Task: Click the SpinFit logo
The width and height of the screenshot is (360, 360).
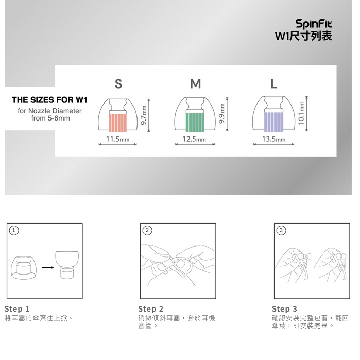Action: [314, 24]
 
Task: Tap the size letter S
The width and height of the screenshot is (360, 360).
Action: [118, 84]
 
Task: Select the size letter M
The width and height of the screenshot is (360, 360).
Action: [195, 84]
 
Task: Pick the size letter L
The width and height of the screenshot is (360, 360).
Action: [273, 84]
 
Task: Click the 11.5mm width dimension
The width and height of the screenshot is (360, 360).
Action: [118, 139]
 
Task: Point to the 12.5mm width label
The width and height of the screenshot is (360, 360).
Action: [194, 139]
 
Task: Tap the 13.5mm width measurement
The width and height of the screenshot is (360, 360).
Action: [273, 139]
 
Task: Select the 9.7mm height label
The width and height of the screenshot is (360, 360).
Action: [144, 115]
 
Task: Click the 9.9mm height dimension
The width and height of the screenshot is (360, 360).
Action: [222, 113]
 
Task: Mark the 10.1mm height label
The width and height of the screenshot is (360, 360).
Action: [301, 113]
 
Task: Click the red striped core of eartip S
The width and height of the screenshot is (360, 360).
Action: [118, 123]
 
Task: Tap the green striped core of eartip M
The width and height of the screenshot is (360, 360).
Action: [195, 123]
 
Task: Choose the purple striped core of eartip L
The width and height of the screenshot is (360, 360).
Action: [273, 122]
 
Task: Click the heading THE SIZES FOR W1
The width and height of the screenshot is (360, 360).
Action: [49, 100]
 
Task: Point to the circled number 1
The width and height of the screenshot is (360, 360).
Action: [14, 230]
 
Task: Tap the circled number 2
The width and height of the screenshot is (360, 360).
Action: [147, 230]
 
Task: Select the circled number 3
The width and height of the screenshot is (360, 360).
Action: [281, 230]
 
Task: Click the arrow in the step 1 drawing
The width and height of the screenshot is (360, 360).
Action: [48, 267]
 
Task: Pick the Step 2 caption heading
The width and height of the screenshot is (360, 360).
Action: [150, 309]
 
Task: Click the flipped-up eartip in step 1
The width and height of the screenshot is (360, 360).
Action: [67, 265]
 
